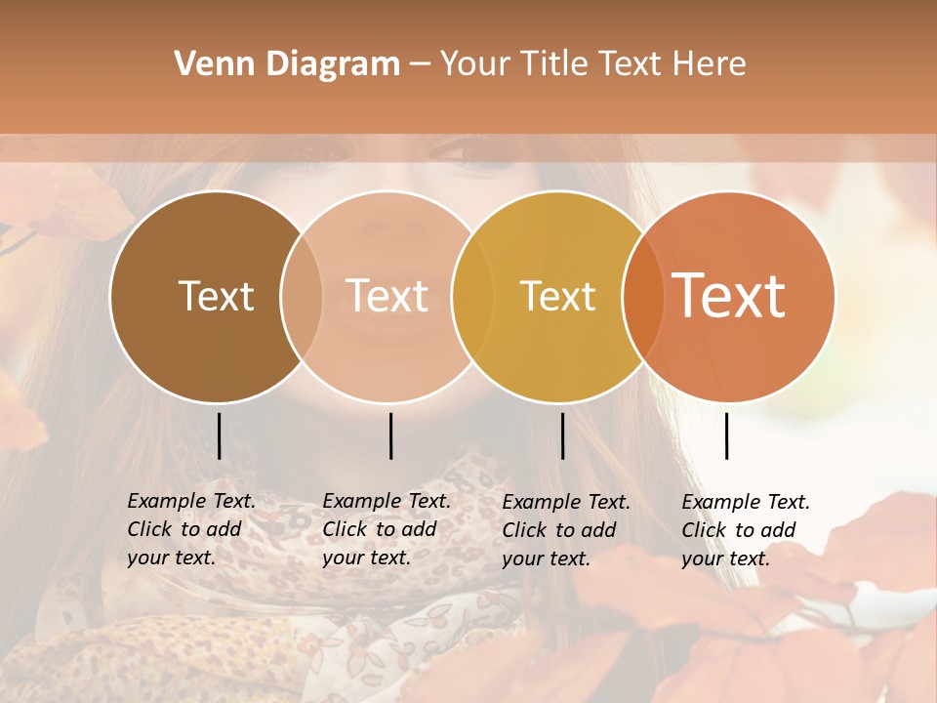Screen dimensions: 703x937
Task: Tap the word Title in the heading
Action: coord(555,64)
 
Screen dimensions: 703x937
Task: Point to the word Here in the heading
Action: coord(710,64)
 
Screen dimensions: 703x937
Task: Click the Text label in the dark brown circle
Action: coord(216,296)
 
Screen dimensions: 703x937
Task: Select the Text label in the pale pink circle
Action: coord(387,296)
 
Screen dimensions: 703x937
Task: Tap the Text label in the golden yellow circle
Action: coord(557,296)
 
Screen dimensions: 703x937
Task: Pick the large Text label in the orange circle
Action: coord(729,296)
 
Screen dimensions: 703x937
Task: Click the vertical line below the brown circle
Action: coord(219,435)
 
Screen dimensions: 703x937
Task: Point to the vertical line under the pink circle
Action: coord(390,435)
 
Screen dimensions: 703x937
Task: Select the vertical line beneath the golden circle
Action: coord(562,435)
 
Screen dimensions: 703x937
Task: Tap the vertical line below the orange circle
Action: coord(726,435)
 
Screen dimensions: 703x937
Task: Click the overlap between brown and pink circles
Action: coord(302,296)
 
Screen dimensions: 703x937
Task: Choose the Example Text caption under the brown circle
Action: coord(191,529)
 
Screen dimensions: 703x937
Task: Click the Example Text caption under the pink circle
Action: coord(387,529)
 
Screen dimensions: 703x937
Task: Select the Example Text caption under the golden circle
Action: coord(566,530)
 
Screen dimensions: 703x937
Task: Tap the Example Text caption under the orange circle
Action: coord(746,530)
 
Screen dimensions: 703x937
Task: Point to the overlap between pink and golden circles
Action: coord(471,296)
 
